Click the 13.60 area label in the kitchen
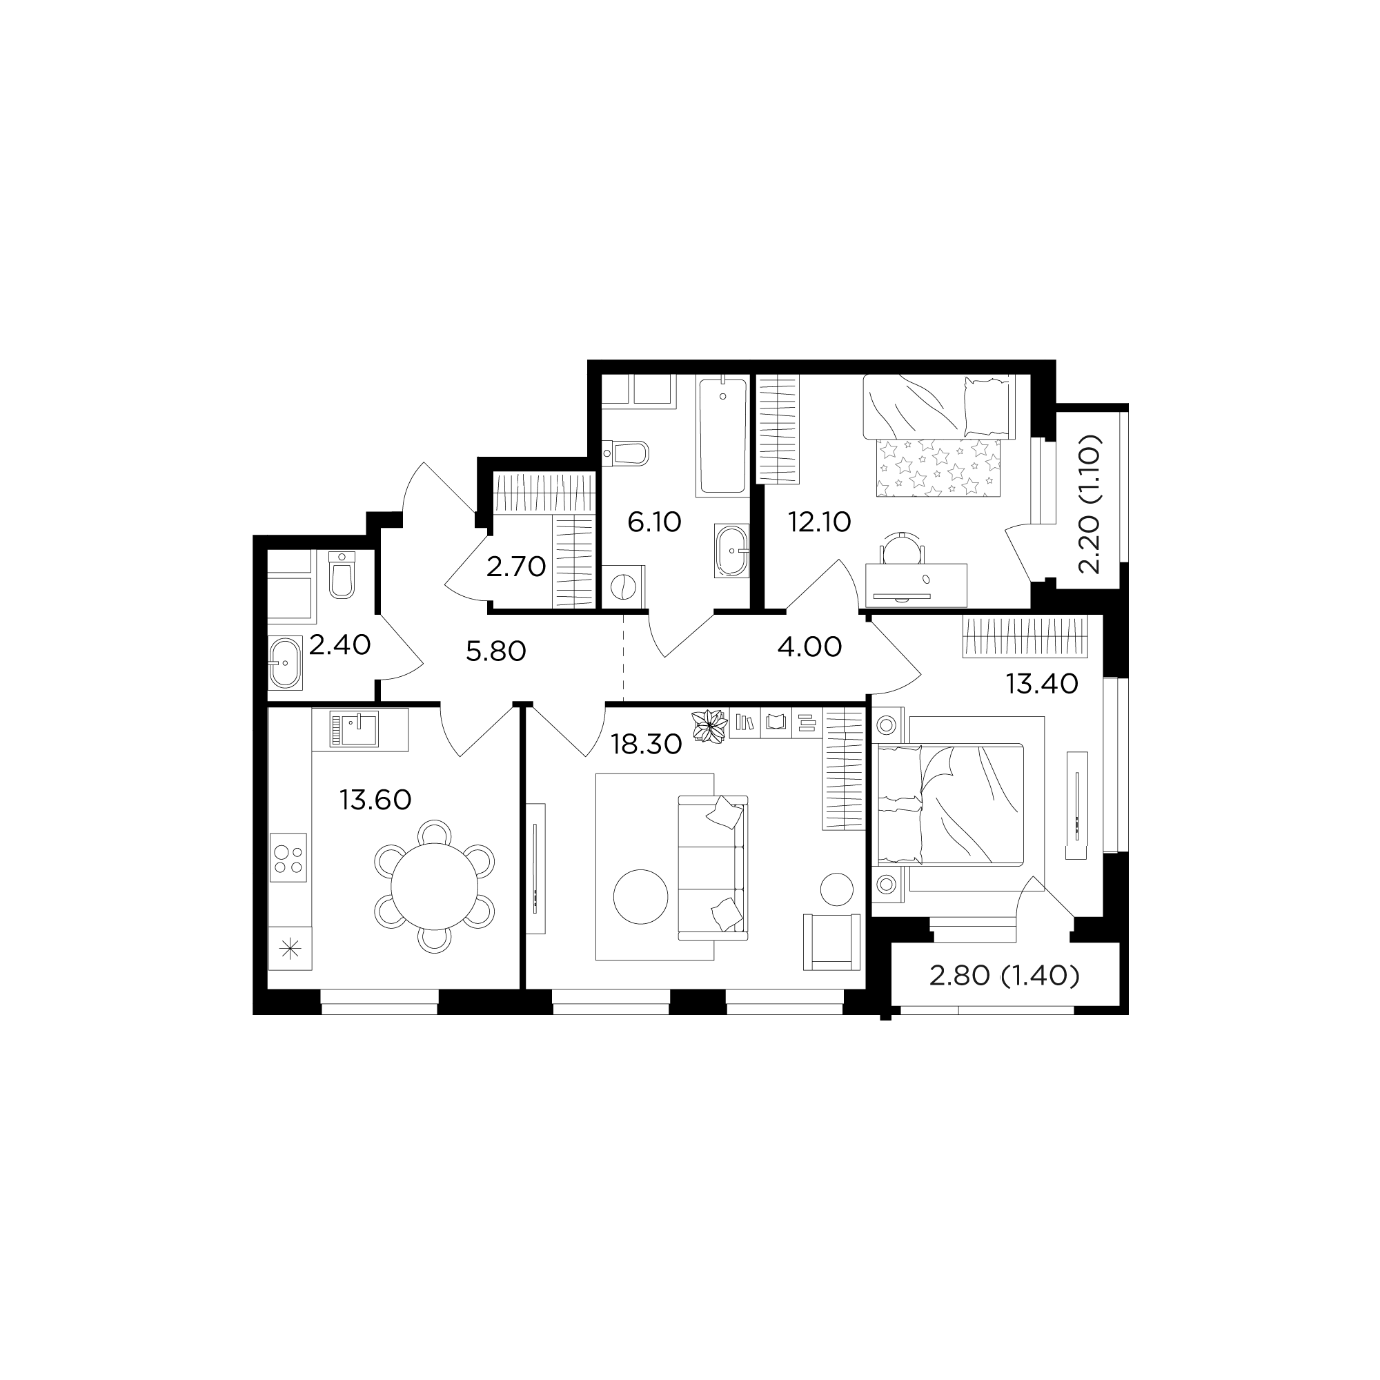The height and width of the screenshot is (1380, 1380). click(x=376, y=800)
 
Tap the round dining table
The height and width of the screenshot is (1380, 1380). click(x=434, y=887)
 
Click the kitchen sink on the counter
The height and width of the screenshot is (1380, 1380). click(x=355, y=729)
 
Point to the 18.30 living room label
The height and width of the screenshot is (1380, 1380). click(x=647, y=745)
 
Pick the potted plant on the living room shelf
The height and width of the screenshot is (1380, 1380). click(x=709, y=726)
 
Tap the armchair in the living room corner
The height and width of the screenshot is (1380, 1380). click(x=831, y=941)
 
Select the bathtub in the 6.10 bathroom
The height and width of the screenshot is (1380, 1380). click(x=723, y=437)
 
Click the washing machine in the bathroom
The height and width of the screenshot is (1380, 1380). click(x=624, y=587)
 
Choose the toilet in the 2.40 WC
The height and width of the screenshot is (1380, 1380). click(x=342, y=574)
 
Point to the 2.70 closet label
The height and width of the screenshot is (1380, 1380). click(x=515, y=567)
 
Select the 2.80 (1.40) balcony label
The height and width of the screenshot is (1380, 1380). click(x=1003, y=975)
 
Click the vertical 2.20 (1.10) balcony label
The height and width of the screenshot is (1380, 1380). click(x=1090, y=504)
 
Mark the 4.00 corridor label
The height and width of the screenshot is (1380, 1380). click(x=809, y=647)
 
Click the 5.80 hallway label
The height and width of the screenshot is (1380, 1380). click(x=495, y=651)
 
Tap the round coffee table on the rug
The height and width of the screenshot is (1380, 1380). click(x=641, y=897)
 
